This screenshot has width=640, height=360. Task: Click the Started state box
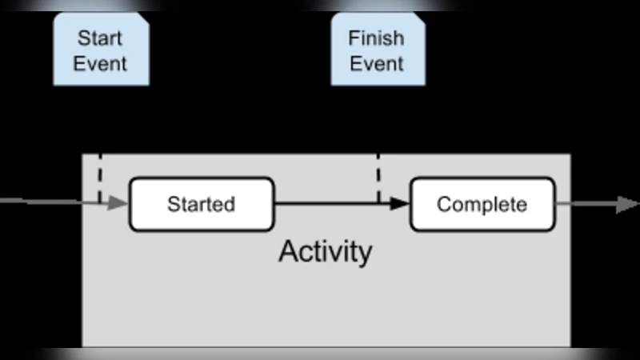201,204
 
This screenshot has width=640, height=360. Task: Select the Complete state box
482,204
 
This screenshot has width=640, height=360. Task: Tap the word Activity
325,251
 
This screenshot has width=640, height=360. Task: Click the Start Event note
101,50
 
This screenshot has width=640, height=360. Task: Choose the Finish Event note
378,50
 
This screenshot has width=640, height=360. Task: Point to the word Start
101,38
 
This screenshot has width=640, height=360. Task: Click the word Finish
376,38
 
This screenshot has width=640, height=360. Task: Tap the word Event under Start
101,64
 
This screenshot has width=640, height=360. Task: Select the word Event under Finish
376,64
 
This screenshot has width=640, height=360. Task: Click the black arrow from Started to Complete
336,204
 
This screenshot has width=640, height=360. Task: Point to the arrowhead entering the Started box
118,204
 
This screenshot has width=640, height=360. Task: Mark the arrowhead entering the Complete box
401,204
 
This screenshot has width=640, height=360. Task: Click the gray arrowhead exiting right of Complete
626,205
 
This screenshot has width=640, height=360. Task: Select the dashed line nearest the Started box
99,178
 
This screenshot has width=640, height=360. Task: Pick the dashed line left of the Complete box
378,178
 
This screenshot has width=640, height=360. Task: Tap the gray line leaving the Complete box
584,205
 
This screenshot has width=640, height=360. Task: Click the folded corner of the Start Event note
142,19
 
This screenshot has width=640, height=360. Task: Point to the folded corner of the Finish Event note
418,19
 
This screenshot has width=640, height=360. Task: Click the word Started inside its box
201,204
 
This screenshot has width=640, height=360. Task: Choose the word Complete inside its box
482,204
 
